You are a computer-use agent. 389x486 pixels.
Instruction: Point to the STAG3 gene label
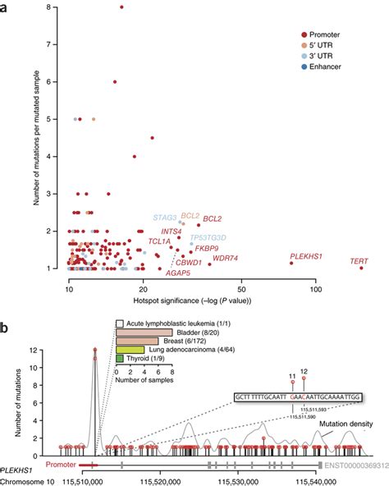pyautogui.click(x=164, y=218)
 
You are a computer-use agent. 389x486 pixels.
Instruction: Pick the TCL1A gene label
pyautogui.click(x=159, y=241)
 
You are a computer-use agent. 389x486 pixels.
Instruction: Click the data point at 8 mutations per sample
pyautogui.click(x=121, y=7)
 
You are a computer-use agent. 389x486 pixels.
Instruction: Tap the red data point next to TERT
pyautogui.click(x=360, y=268)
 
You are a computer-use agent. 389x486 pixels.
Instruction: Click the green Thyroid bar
pyautogui.click(x=120, y=358)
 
